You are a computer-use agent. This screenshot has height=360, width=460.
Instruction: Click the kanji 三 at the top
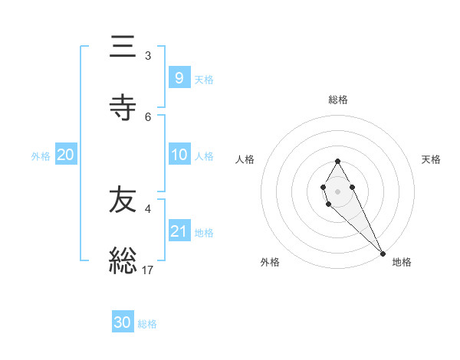coord(123,47)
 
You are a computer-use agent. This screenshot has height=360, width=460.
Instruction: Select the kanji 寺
coord(123,108)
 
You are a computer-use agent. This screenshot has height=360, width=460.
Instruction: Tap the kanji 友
coord(123,199)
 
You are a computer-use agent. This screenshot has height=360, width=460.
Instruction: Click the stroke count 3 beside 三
coord(148,55)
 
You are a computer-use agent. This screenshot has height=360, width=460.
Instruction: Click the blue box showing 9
coord(179,77)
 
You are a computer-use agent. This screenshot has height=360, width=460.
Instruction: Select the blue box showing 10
coord(179,155)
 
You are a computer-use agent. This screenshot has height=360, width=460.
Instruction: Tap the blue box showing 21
coord(179,231)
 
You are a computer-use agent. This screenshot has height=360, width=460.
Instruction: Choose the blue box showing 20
coord(66,155)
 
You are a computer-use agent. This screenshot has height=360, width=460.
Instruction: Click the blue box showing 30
coord(123,322)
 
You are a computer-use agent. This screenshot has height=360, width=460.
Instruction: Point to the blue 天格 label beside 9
coord(204,79)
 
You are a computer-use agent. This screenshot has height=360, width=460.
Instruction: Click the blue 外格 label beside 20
coord(41,155)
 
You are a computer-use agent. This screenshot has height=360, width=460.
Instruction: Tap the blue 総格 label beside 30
coord(147,324)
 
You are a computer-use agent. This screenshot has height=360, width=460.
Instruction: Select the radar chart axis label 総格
coord(338,100)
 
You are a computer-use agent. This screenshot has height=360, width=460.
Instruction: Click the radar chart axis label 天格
coord(431,159)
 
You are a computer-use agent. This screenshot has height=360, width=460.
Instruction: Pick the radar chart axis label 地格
coord(402,262)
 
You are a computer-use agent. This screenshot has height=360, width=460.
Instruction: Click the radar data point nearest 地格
coord(383,253)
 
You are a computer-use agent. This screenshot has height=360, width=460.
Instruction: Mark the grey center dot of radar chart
coord(337,191)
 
